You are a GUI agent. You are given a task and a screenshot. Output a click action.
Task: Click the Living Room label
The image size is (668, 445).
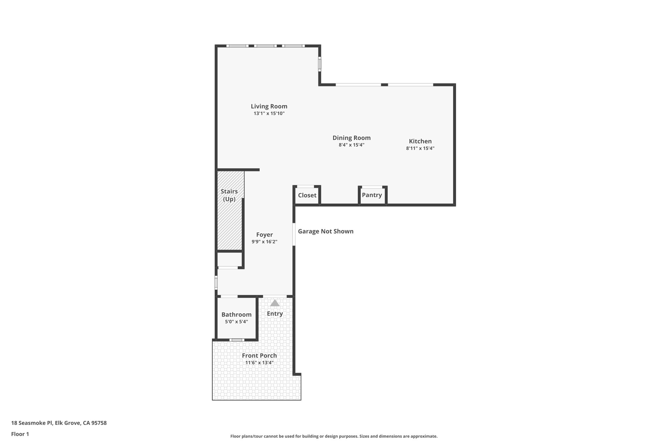coord(269,106)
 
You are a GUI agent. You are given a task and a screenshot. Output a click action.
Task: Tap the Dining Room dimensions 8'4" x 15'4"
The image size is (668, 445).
coord(351,145)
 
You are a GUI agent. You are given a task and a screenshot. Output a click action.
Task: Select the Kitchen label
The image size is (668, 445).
coord(420,141)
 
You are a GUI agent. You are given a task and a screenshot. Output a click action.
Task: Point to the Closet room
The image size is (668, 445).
coord(307,195)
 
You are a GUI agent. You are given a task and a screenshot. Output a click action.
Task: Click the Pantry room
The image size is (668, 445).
coord(372,195)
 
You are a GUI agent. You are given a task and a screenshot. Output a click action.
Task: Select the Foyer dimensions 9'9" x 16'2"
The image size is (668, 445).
coord(264,242)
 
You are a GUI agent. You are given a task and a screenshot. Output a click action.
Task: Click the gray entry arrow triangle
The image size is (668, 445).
coord(275,303)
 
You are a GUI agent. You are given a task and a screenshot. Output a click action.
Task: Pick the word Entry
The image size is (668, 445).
coord(275,314)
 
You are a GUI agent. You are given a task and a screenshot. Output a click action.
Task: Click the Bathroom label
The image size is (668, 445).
coord(236,315)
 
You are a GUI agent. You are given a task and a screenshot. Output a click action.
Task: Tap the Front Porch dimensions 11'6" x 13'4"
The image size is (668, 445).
coord(259,363)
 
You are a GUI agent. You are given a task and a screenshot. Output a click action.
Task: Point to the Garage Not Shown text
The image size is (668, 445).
coord(326,231)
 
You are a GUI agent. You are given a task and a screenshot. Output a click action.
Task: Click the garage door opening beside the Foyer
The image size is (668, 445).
coord(294,234)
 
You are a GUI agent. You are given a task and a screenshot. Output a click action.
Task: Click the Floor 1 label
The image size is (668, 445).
coord(20,434)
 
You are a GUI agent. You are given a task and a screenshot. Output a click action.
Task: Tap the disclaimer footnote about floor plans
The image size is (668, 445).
coord(334,436)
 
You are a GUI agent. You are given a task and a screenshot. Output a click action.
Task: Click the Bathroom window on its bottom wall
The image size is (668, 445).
coord(236,340)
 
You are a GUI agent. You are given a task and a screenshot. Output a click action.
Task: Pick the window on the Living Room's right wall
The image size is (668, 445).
coord(320,64)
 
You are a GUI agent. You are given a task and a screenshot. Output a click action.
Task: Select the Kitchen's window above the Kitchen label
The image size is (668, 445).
coord(410,85)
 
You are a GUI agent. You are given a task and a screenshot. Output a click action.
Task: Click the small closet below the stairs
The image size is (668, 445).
coord(230,260)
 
